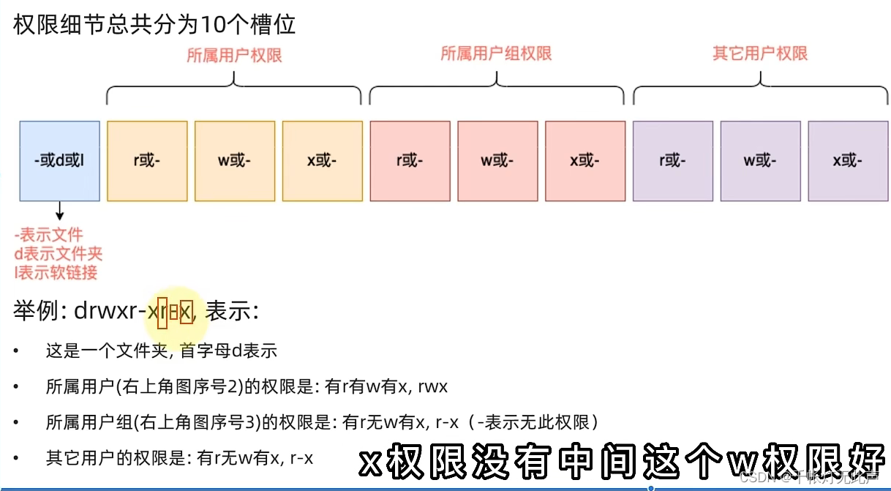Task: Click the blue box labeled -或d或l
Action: tap(59, 160)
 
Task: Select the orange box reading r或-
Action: tap(146, 160)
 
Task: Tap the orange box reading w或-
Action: tap(234, 160)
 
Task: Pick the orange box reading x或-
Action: tap(322, 160)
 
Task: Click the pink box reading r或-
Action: tap(410, 160)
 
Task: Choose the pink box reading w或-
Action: tap(497, 160)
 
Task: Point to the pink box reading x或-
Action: tap(584, 160)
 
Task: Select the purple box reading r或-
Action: tap(672, 160)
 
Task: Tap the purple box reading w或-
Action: tap(760, 160)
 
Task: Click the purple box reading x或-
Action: tap(847, 160)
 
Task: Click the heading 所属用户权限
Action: tap(234, 56)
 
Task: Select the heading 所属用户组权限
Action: tap(496, 53)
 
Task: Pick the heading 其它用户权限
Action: tap(759, 53)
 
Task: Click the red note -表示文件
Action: tap(49, 235)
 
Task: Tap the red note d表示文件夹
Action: tap(59, 254)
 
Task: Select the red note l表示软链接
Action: tap(56, 272)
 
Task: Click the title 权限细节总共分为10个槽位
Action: tap(154, 26)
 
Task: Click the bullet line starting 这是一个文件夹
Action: tap(161, 351)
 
